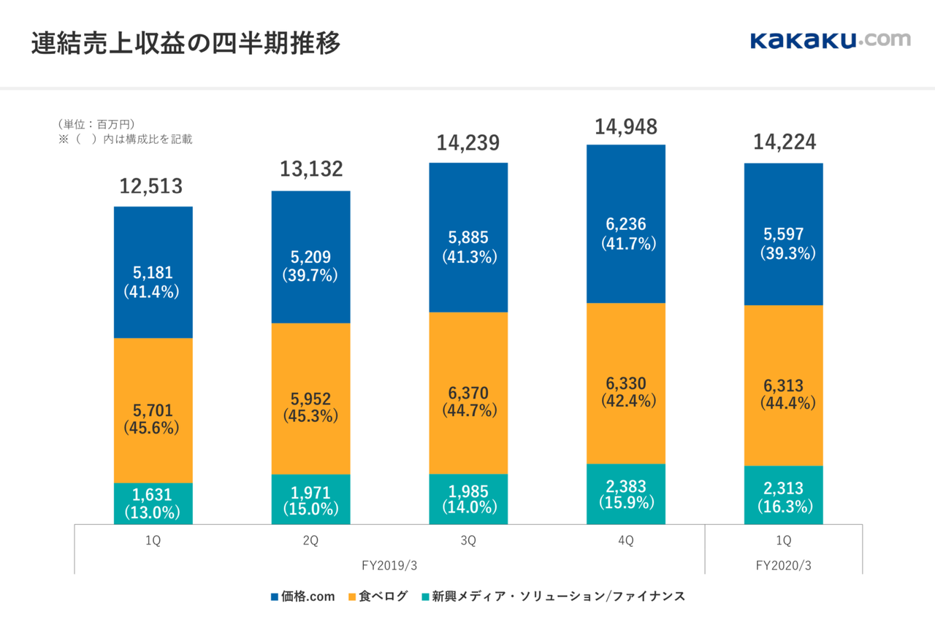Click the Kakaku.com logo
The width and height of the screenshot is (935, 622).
coord(830,40)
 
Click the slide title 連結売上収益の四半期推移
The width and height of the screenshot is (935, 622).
coord(186,44)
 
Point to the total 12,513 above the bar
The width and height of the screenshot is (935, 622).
coord(151,186)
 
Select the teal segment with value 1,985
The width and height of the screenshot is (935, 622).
coord(468,499)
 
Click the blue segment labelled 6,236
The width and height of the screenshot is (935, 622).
coord(626,190)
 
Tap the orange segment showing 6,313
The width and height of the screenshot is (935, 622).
coord(783,350)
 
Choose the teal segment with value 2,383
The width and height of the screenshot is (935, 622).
coord(626,494)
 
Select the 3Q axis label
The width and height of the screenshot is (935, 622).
coord(468,541)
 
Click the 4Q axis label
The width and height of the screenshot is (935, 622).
coord(626,541)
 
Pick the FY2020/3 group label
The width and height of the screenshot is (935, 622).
coord(783,565)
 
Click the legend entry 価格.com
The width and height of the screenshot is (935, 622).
coord(302,596)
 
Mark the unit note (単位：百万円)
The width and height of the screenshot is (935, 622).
coord(96,124)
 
